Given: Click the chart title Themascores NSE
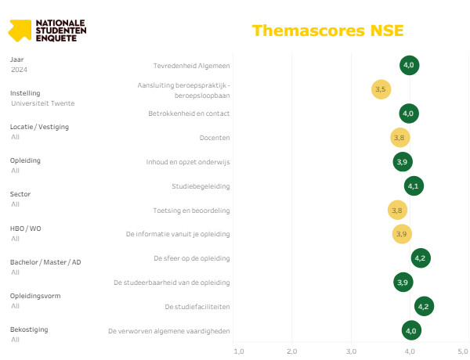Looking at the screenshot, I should (328, 31).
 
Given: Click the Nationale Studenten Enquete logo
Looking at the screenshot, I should (47, 30).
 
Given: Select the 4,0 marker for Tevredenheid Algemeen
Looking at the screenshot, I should (409, 65).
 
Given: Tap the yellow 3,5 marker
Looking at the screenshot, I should (381, 89).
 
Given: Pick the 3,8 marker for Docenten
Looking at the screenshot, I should (399, 138).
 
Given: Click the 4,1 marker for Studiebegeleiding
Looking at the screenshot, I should (414, 186).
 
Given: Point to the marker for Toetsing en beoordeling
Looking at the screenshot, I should (397, 211).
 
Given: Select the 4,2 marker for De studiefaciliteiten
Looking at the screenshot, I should (424, 306).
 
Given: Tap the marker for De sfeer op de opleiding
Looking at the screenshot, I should (421, 258).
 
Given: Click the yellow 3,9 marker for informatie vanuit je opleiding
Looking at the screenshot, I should (402, 234).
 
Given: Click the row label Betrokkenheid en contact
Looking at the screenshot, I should (189, 113).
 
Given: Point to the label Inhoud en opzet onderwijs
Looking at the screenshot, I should (188, 162).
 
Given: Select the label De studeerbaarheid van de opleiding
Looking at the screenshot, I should (172, 283).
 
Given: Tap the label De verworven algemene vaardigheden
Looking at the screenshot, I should (169, 331).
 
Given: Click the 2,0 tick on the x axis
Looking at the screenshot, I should (291, 351).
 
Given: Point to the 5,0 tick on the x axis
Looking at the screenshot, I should (463, 351).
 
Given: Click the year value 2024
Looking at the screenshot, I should (20, 70).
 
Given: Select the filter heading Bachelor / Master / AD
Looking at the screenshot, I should (45, 262).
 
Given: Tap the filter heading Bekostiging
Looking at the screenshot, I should (29, 329).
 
